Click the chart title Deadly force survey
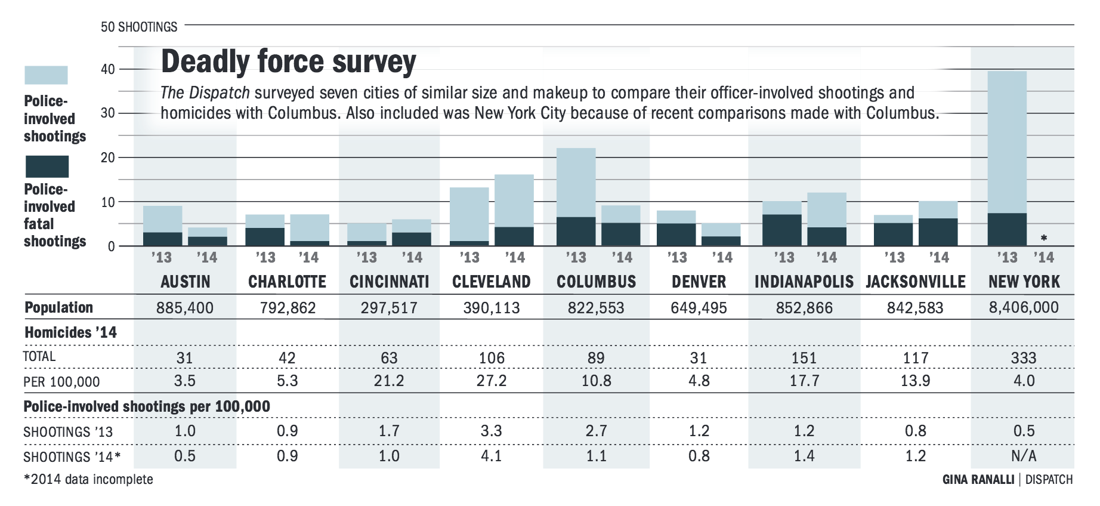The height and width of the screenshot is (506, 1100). point(288,61)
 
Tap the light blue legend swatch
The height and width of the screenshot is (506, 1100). point(46,75)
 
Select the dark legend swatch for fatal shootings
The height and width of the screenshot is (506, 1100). point(47,166)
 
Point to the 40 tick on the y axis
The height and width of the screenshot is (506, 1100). point(108,69)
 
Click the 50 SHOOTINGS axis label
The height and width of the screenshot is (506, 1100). point(139,27)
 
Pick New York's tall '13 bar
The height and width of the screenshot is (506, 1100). point(1006,143)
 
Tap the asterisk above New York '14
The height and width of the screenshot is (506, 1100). point(1043,238)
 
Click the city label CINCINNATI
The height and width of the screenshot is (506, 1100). point(389,282)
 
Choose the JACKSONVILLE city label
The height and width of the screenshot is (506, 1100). point(915,282)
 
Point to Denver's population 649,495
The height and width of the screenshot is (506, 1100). point(699,308)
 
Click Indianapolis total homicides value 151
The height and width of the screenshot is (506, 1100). point(804,358)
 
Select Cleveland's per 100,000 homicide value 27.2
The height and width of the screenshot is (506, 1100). point(491,381)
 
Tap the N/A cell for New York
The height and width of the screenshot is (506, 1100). point(1024,456)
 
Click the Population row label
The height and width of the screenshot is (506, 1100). point(58,308)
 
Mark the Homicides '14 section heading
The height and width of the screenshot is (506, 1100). point(70,332)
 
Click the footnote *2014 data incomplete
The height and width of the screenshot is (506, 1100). point(88,479)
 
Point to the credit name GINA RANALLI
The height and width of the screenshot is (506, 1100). point(978,479)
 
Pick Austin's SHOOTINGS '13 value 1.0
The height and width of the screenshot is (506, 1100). point(185,431)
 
